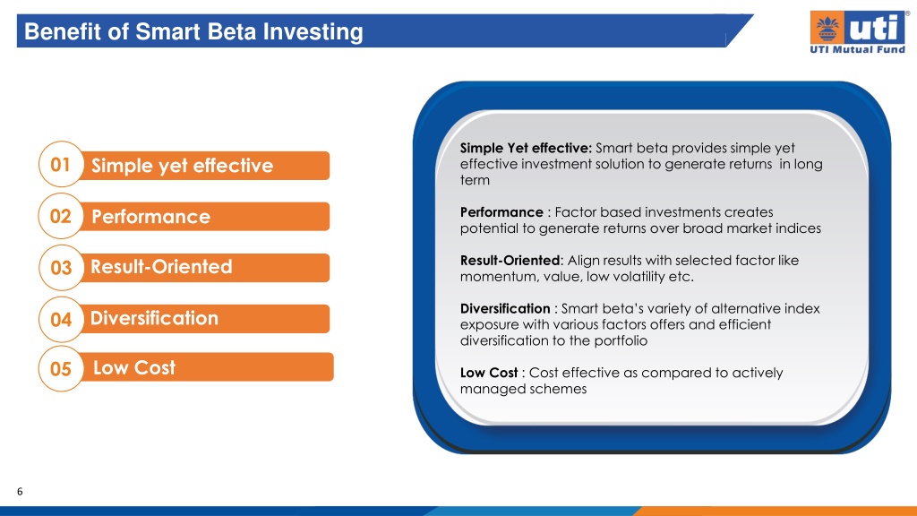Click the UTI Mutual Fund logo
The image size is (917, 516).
(858, 32)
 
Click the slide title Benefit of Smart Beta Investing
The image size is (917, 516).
(193, 31)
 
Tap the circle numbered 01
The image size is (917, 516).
(62, 165)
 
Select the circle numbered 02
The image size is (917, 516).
(62, 216)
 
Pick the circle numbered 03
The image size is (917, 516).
(62, 267)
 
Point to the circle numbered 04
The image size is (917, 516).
(62, 320)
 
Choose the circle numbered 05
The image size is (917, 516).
(62, 368)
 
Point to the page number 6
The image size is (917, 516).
(20, 492)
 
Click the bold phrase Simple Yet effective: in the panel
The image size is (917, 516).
(526, 148)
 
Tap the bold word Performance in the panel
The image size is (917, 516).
(501, 211)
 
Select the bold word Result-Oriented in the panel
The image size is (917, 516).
(510, 261)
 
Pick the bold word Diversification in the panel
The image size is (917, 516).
(505, 308)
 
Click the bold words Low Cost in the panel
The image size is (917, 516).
(489, 373)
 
